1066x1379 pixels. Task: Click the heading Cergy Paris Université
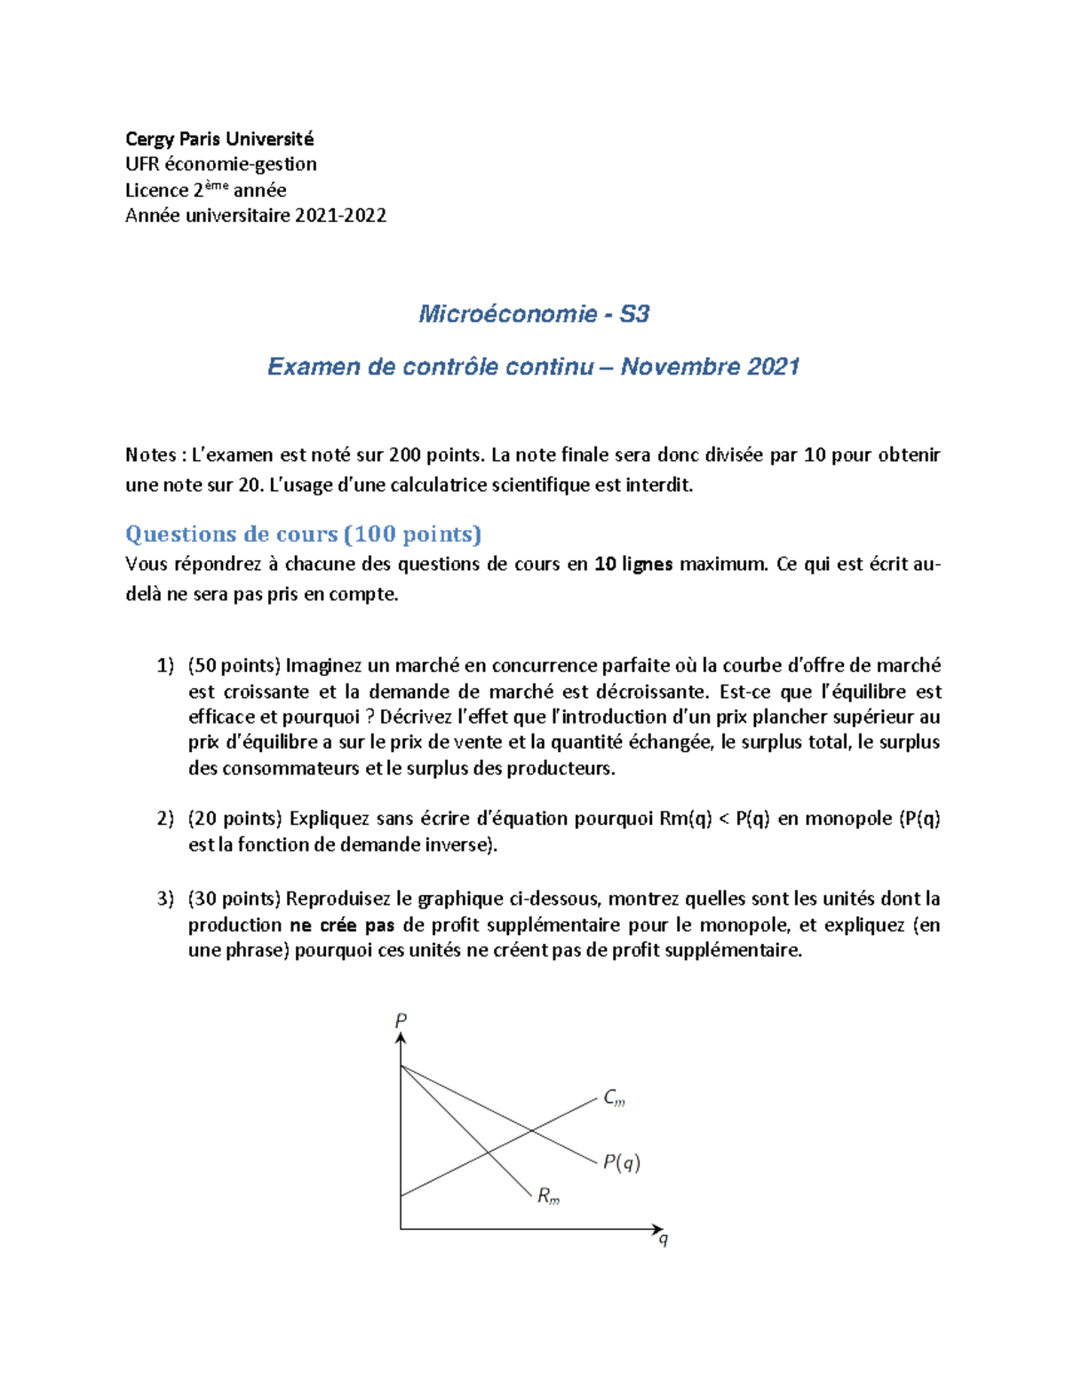click(x=219, y=139)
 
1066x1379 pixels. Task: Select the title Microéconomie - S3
click(x=533, y=313)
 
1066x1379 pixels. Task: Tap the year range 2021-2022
click(x=340, y=215)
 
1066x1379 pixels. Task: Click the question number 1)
click(x=165, y=666)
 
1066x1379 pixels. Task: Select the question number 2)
click(x=165, y=819)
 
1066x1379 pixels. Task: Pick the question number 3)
click(x=165, y=899)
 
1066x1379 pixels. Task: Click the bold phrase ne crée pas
click(x=342, y=925)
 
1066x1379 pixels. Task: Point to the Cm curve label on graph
click(x=614, y=1098)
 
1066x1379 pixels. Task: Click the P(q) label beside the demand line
click(x=621, y=1162)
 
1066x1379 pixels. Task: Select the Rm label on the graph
click(x=548, y=1196)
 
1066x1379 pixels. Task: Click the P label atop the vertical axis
click(x=401, y=1020)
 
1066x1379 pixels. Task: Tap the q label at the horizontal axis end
click(x=663, y=1239)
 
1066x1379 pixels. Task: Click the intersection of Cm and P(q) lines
click(x=531, y=1130)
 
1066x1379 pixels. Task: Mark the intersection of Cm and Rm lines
click(x=488, y=1153)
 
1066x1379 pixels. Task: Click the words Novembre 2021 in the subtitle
click(x=710, y=367)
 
